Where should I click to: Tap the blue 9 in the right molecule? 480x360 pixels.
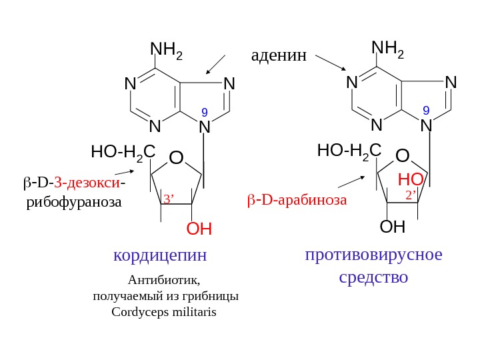(x=425, y=109)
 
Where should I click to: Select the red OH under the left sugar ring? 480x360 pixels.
(x=199, y=230)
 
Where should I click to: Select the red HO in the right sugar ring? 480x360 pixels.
(x=410, y=179)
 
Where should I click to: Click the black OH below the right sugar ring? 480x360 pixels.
(x=392, y=227)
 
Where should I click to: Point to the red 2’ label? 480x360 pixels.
(x=411, y=195)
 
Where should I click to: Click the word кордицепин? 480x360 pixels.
(x=161, y=255)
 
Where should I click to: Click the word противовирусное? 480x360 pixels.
(x=374, y=255)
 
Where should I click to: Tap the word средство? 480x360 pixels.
(x=373, y=276)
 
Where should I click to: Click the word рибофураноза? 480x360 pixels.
(x=74, y=201)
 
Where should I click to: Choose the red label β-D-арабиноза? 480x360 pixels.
(x=297, y=199)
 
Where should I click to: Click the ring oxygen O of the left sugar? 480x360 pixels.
(x=175, y=158)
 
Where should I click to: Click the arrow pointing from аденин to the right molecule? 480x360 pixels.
(x=329, y=62)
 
